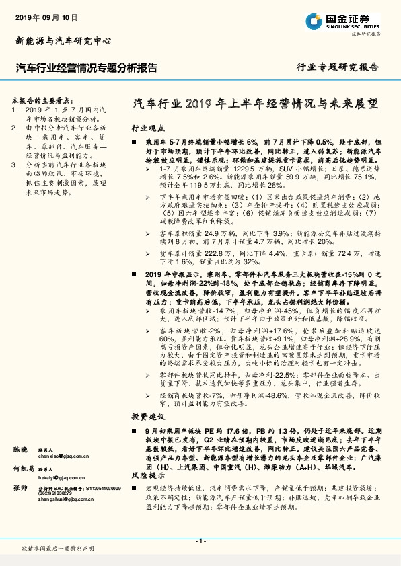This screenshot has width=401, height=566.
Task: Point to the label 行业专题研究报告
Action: click(x=338, y=67)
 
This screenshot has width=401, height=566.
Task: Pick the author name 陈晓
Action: click(x=21, y=448)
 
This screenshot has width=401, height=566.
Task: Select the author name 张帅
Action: click(x=21, y=489)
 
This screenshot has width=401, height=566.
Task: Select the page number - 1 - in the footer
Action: click(x=200, y=541)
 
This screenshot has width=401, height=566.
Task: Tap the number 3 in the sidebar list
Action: click(x=15, y=163)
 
